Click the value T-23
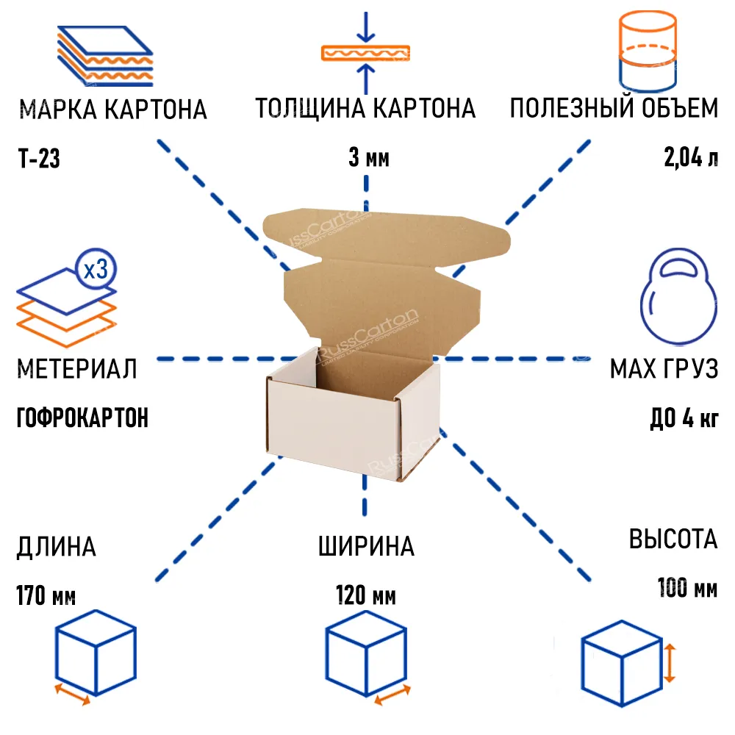coord(39,159)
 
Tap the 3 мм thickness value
coord(369,157)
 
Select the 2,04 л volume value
coord(691,157)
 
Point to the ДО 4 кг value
coord(684,417)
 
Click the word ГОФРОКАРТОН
coord(82,417)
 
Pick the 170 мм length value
coord(46,595)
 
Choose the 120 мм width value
coord(366,595)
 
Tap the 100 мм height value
coord(688,588)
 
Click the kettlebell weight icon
coord(678,297)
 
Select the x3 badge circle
coord(96,269)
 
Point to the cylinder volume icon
coord(648,51)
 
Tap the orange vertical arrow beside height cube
coord(670,663)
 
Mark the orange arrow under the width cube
coord(392,695)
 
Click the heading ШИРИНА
coord(367,547)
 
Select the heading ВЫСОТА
coord(673,539)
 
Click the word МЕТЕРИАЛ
coord(77,369)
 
